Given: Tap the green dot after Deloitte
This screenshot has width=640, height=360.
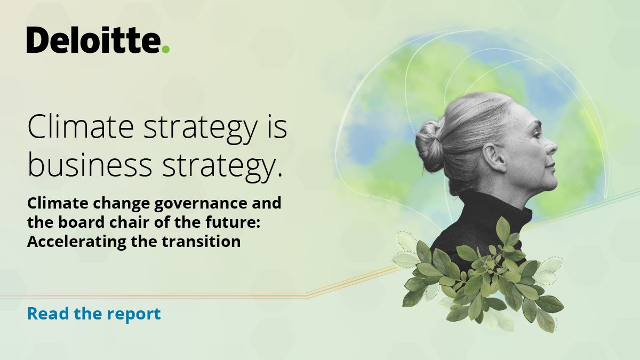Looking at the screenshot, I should tap(166, 49).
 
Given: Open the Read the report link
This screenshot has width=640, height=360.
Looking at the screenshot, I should tap(94, 314).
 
